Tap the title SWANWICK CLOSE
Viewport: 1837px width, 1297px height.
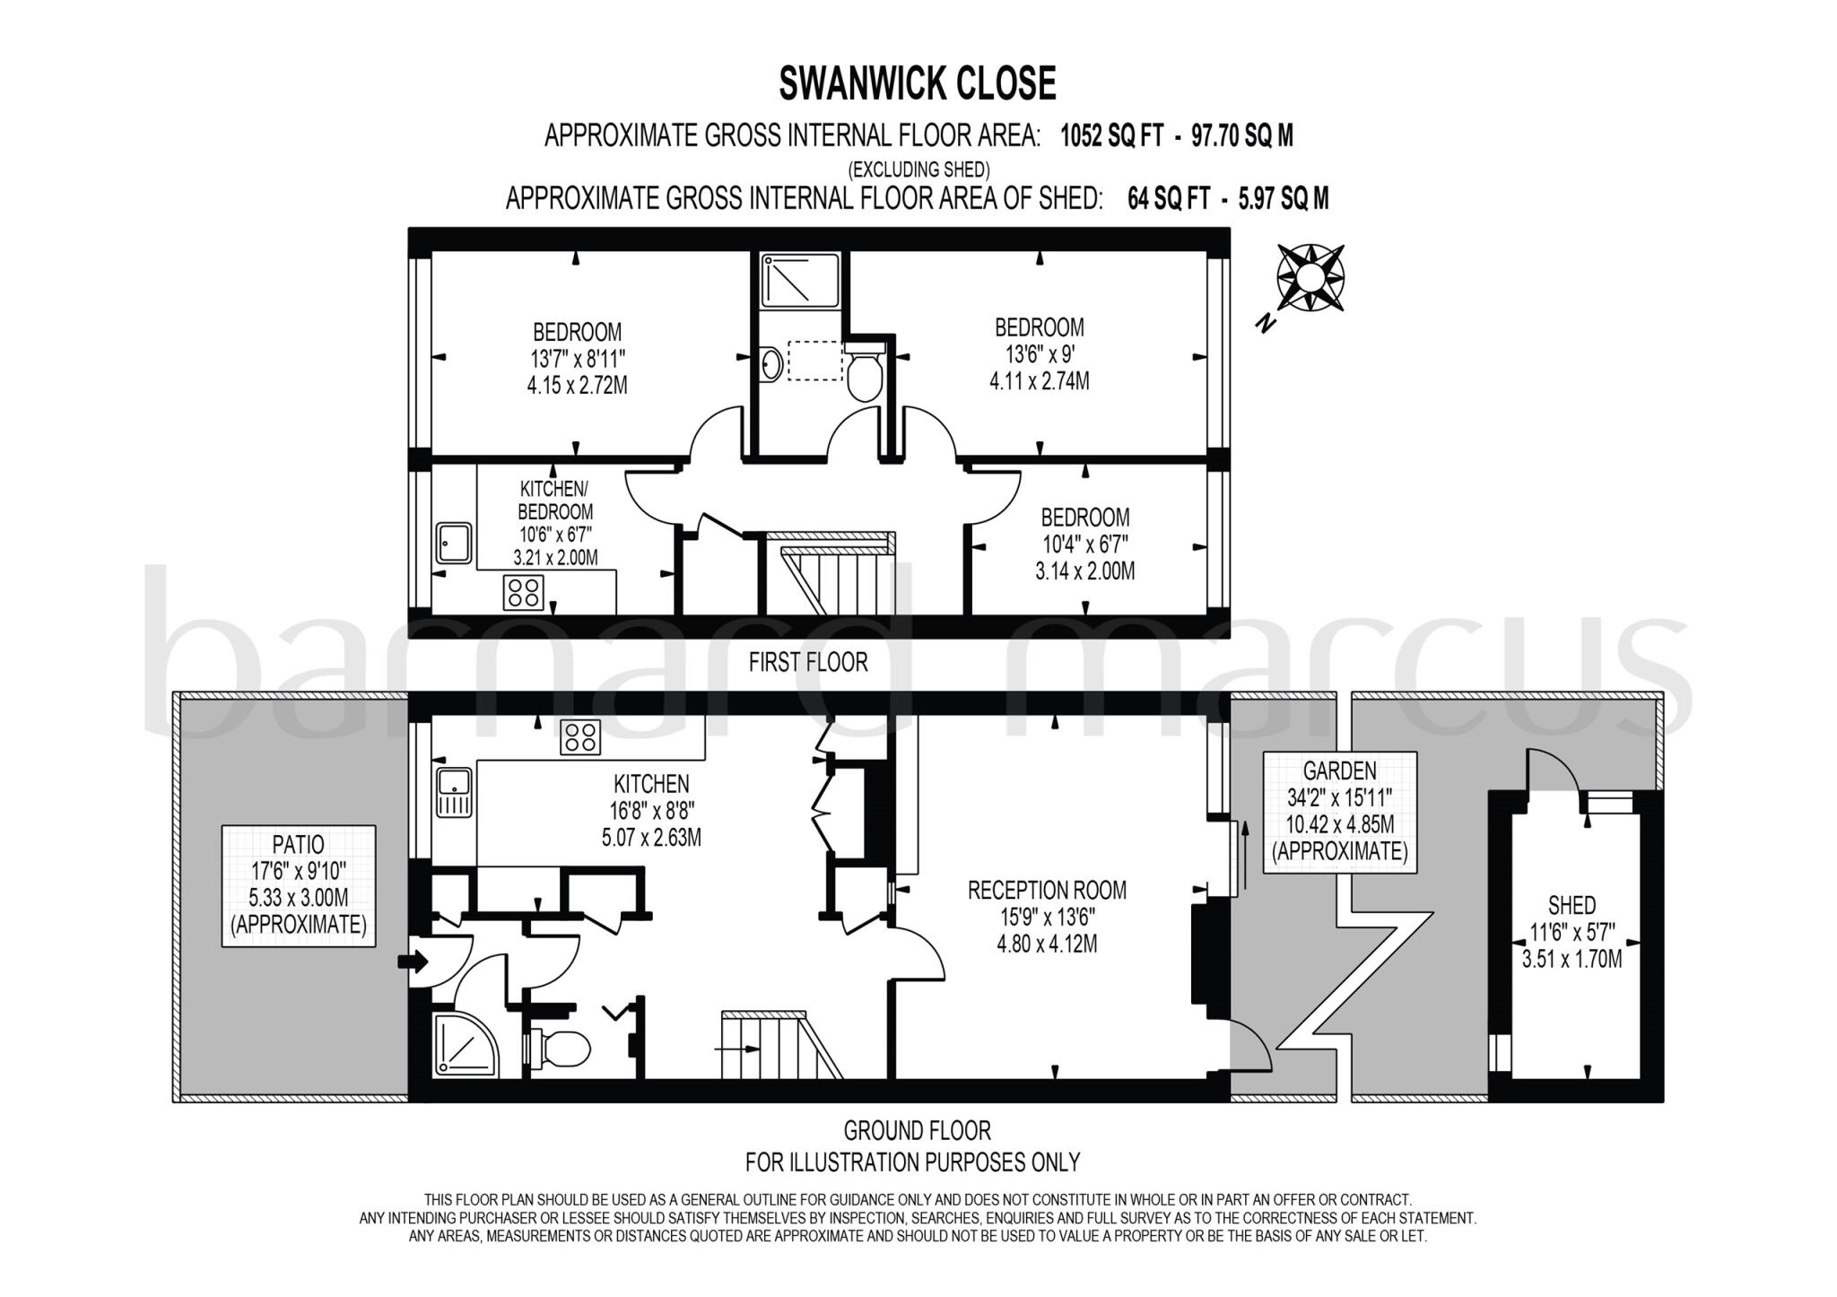(x=918, y=83)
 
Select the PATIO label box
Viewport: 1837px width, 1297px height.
(x=299, y=885)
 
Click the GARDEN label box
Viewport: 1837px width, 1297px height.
(x=1339, y=812)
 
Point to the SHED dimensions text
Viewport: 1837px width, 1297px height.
(x=1571, y=946)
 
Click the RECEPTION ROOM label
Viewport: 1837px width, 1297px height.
(x=1047, y=916)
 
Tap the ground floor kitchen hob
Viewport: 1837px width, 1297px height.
(x=580, y=737)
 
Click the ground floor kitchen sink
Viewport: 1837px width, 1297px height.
(x=454, y=791)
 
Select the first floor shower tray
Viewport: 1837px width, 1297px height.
(x=800, y=279)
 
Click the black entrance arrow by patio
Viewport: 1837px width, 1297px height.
(x=413, y=962)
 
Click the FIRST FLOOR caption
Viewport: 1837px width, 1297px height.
(x=808, y=663)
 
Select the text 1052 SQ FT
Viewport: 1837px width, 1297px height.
(x=1111, y=136)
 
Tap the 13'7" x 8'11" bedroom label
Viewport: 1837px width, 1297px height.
(x=577, y=359)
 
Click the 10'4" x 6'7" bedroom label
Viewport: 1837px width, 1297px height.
(x=1084, y=544)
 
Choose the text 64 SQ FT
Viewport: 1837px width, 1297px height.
(x=1168, y=198)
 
